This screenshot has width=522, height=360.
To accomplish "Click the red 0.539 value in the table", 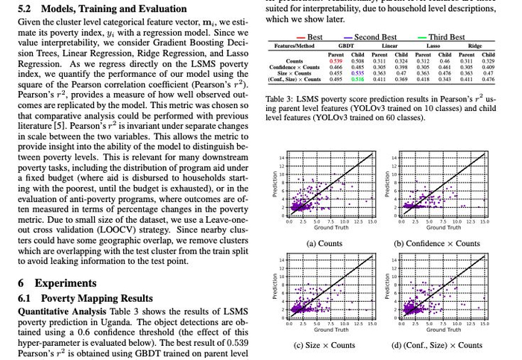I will [336, 61].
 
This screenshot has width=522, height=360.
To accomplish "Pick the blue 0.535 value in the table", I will [357, 73].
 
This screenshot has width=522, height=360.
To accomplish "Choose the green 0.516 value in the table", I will [357, 79].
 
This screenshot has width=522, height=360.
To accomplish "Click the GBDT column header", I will [346, 46].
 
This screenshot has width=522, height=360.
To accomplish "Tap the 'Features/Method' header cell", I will [293, 46].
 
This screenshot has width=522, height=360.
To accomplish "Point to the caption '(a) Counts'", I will [324, 243].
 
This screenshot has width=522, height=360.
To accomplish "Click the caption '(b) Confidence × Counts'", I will [437, 243].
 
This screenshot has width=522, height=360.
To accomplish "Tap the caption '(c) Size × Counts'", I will [324, 344].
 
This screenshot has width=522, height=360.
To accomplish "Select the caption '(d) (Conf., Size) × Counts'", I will [437, 344].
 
